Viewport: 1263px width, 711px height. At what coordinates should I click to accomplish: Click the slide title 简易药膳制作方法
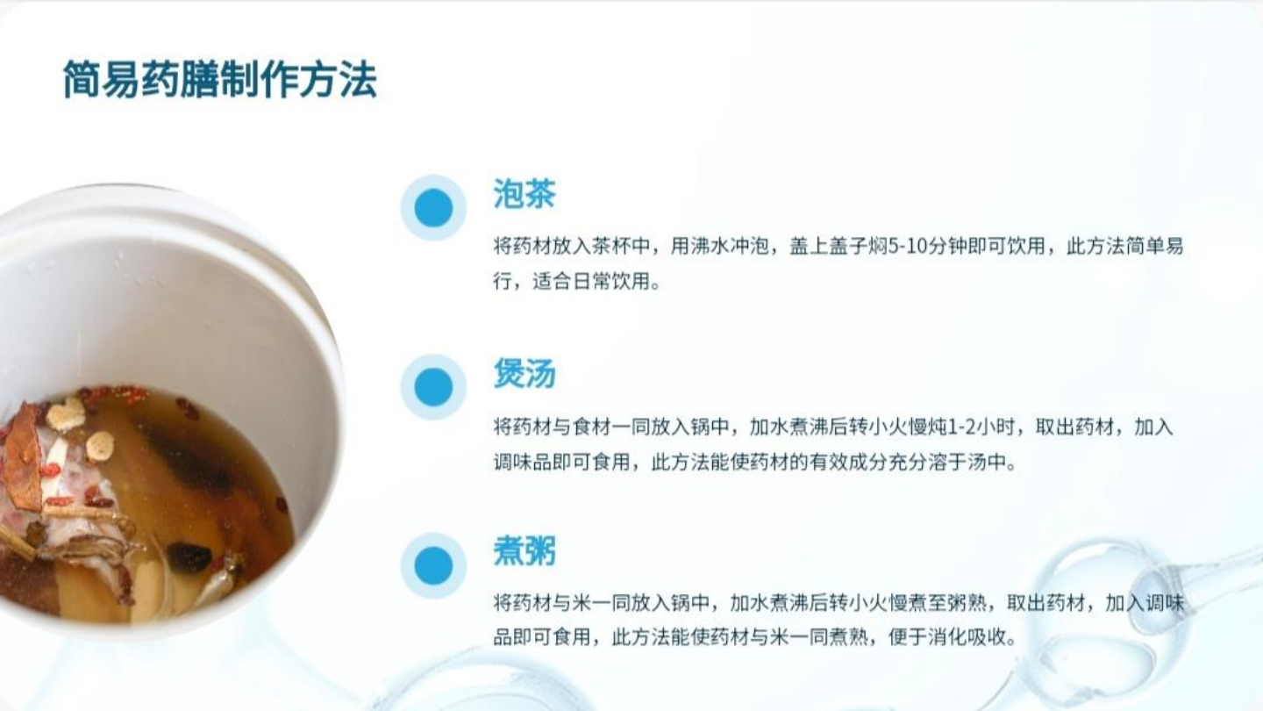[x=219, y=80]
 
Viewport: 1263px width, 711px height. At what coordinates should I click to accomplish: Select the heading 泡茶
[x=524, y=194]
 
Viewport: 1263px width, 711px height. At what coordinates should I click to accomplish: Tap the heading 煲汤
[x=524, y=374]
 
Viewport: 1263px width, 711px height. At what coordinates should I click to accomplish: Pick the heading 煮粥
[x=524, y=552]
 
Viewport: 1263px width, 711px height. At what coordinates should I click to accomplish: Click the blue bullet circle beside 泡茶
[x=433, y=208]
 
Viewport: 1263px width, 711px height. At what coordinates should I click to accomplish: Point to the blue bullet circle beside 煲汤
[x=433, y=387]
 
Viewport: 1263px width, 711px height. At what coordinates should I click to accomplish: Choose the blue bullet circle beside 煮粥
[x=433, y=566]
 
